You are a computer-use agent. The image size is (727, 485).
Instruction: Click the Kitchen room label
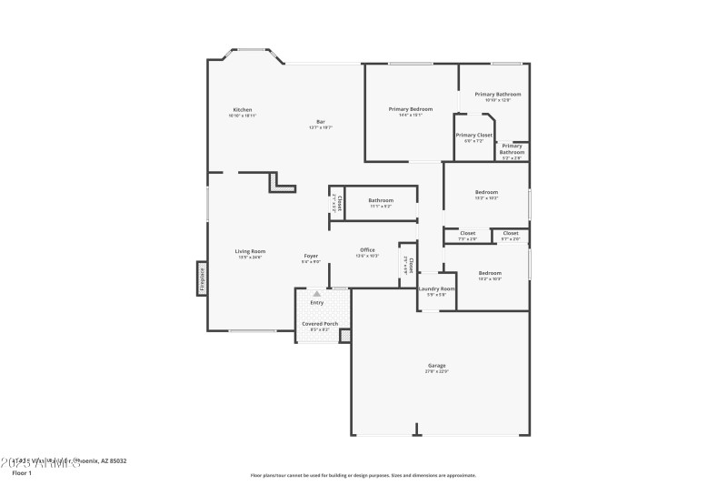242,110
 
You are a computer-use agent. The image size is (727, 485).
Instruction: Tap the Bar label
320,122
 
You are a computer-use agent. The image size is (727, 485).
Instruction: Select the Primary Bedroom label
411,109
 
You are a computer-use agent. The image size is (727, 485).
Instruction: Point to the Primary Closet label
473,135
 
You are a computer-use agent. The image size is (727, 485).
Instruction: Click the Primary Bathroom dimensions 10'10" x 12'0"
497,100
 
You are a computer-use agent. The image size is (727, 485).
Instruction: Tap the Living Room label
250,251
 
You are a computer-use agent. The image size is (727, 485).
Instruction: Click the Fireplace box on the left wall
202,278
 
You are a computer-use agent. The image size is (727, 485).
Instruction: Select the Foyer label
311,257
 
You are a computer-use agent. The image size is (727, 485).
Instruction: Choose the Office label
367,250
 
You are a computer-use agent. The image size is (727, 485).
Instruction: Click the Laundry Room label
430,288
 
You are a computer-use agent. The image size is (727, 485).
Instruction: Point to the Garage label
436,366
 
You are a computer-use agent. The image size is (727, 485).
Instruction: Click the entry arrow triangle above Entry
316,294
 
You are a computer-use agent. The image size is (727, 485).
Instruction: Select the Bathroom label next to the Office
381,200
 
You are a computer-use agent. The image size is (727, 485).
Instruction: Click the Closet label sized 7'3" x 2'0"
467,233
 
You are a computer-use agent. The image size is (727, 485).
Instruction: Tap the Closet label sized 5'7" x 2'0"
511,233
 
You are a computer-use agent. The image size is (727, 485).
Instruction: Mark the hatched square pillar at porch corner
345,336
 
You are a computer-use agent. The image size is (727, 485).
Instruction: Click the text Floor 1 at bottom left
21,473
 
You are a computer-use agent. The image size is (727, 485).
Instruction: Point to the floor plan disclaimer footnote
363,474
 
